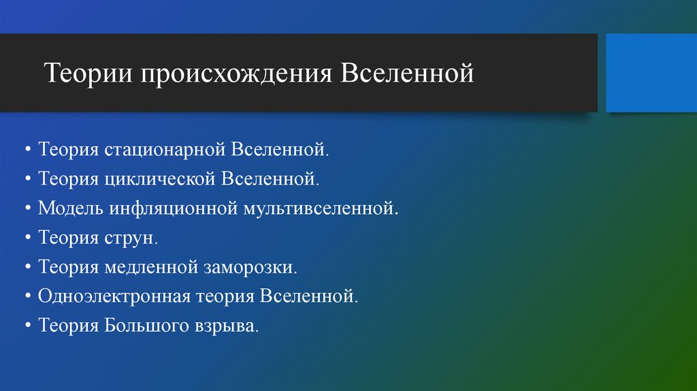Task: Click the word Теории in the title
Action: coord(88,73)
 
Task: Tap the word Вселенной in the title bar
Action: coord(407,73)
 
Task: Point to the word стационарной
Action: coord(167,149)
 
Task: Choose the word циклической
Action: coord(161,179)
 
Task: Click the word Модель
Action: coord(69,208)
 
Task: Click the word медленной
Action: coord(151,267)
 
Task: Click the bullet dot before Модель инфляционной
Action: coord(28,208)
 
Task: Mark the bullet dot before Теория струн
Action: coord(28,238)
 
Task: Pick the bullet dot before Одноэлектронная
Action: coord(28,297)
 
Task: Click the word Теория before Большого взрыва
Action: coord(69,326)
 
